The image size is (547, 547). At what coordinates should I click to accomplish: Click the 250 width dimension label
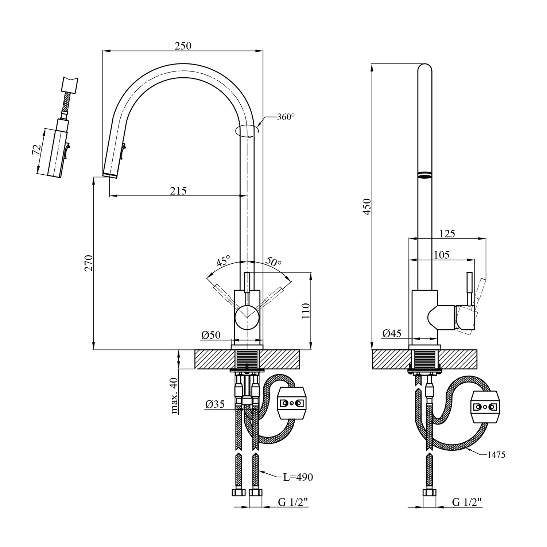pos(183,46)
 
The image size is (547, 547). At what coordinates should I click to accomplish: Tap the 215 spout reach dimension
pos(178,190)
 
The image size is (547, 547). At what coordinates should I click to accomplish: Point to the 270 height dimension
pos(89,263)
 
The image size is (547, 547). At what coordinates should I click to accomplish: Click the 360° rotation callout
pos(286,117)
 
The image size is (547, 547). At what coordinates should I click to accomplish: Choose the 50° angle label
pos(273,261)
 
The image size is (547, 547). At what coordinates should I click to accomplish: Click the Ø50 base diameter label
pos(211,335)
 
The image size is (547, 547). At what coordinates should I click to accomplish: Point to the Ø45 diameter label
pos(392,333)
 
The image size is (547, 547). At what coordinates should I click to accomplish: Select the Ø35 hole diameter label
pos(214,404)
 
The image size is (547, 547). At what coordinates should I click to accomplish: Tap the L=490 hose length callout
pos(298,477)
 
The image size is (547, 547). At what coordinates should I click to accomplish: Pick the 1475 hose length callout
pos(496,455)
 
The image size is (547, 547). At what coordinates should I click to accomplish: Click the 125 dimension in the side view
pos(447,233)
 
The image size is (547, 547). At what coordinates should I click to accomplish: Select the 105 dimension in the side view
pos(441,255)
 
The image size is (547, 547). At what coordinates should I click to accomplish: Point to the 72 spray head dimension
pos(36,150)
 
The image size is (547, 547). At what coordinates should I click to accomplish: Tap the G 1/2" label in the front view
pos(293,502)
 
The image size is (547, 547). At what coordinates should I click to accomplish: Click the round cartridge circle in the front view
pos(247,317)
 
